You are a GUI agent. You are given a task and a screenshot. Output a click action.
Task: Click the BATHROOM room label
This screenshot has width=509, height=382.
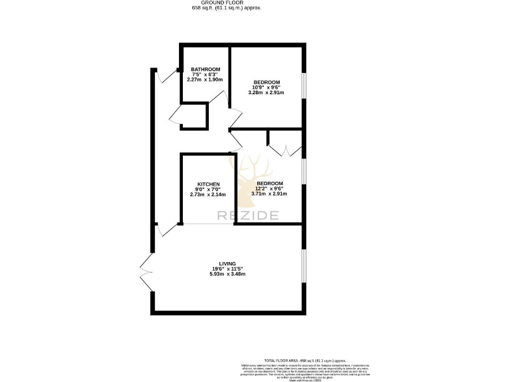tap(205, 69)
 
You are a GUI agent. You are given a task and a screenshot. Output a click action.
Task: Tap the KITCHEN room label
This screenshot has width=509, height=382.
tap(208, 184)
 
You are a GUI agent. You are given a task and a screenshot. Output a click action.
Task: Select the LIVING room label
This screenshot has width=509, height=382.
tap(227, 263)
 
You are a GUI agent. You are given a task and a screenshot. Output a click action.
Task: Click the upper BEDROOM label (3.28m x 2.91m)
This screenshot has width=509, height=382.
tap(266, 82)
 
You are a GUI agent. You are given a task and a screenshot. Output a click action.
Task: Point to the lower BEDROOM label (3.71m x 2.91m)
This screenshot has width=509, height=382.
tap(270, 183)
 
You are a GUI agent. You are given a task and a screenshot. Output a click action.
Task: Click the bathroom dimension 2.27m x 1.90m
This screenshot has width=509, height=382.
tap(205, 80)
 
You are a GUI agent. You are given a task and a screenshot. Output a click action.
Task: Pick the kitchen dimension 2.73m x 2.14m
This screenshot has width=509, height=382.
tap(208, 195)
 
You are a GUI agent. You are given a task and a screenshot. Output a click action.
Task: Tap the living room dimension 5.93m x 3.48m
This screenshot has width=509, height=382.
tap(227, 274)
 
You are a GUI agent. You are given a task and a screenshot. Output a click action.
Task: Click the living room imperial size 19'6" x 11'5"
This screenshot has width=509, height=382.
tap(227, 269)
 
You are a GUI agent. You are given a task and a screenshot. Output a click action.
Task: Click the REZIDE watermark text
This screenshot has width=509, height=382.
tap(249, 215)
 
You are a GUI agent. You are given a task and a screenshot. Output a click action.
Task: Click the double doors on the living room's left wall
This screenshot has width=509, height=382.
tap(146, 272)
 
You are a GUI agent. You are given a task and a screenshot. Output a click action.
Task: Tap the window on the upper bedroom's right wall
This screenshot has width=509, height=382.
tap(304, 84)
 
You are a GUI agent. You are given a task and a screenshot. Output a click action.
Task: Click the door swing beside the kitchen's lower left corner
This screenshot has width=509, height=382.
tap(166, 229)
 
